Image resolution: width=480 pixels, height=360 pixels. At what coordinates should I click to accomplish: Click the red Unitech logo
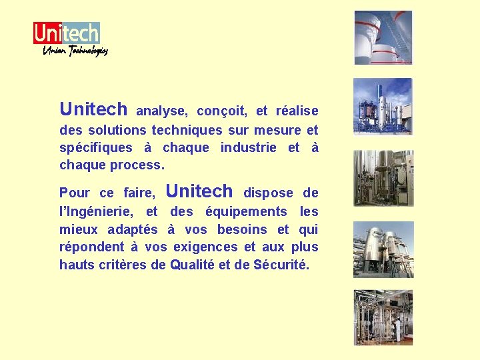(x=66, y=33)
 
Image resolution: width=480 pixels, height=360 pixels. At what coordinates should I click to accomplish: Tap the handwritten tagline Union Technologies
(x=75, y=51)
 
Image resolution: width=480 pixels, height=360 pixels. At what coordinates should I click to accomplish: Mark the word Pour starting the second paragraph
(x=74, y=193)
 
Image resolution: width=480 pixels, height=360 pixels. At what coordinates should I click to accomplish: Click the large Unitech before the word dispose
(x=199, y=191)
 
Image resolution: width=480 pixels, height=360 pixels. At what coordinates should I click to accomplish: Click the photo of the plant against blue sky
(x=383, y=107)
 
